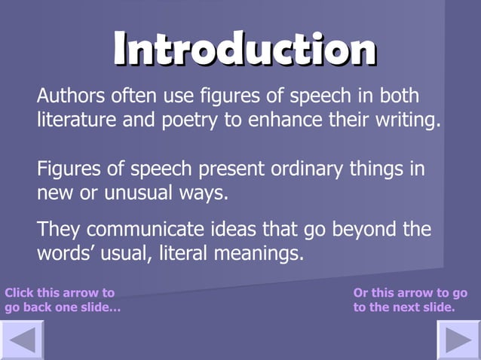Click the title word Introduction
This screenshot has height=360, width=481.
244,49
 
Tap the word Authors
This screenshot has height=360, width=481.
70,97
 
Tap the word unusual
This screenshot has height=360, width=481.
134,192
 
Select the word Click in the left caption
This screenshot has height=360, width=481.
18,292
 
